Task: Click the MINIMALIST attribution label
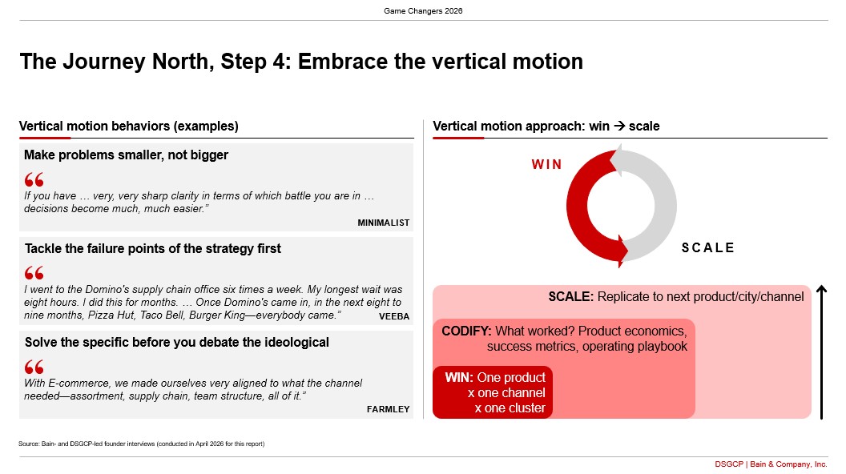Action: tap(383, 223)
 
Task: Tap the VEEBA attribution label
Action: tap(394, 316)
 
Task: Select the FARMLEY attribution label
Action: tap(388, 409)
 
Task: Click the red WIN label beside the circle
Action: tap(546, 164)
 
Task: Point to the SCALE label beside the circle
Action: tap(708, 247)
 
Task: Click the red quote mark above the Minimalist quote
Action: tap(34, 179)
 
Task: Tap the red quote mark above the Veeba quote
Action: tap(34, 273)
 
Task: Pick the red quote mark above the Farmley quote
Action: tap(34, 368)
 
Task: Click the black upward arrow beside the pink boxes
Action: tap(821, 352)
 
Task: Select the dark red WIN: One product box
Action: tap(493, 392)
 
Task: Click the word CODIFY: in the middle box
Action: tap(466, 331)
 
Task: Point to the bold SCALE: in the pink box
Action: tap(571, 296)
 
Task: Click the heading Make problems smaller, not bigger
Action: tap(126, 155)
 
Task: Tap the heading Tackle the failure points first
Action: tap(153, 248)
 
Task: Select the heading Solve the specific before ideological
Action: tap(176, 343)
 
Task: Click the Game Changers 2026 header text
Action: tap(423, 10)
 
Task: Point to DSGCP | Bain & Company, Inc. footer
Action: tap(771, 464)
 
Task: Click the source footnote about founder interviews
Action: tap(141, 444)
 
